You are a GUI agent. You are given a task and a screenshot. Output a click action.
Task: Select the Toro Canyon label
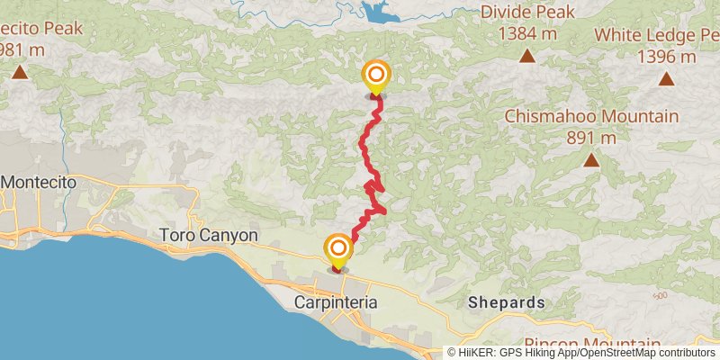point(209,236)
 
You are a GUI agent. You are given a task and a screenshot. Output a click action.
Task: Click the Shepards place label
point(506,303)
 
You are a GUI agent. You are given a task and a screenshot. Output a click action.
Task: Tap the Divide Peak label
point(526,13)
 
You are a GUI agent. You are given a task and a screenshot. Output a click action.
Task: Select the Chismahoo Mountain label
point(591,117)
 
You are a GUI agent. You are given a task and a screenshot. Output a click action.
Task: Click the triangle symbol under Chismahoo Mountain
point(591,161)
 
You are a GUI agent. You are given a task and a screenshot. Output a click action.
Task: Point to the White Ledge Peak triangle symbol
point(666,79)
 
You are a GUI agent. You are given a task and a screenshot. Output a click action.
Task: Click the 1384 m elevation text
point(526,34)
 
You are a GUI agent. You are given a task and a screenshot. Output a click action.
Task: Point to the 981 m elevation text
point(24,50)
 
